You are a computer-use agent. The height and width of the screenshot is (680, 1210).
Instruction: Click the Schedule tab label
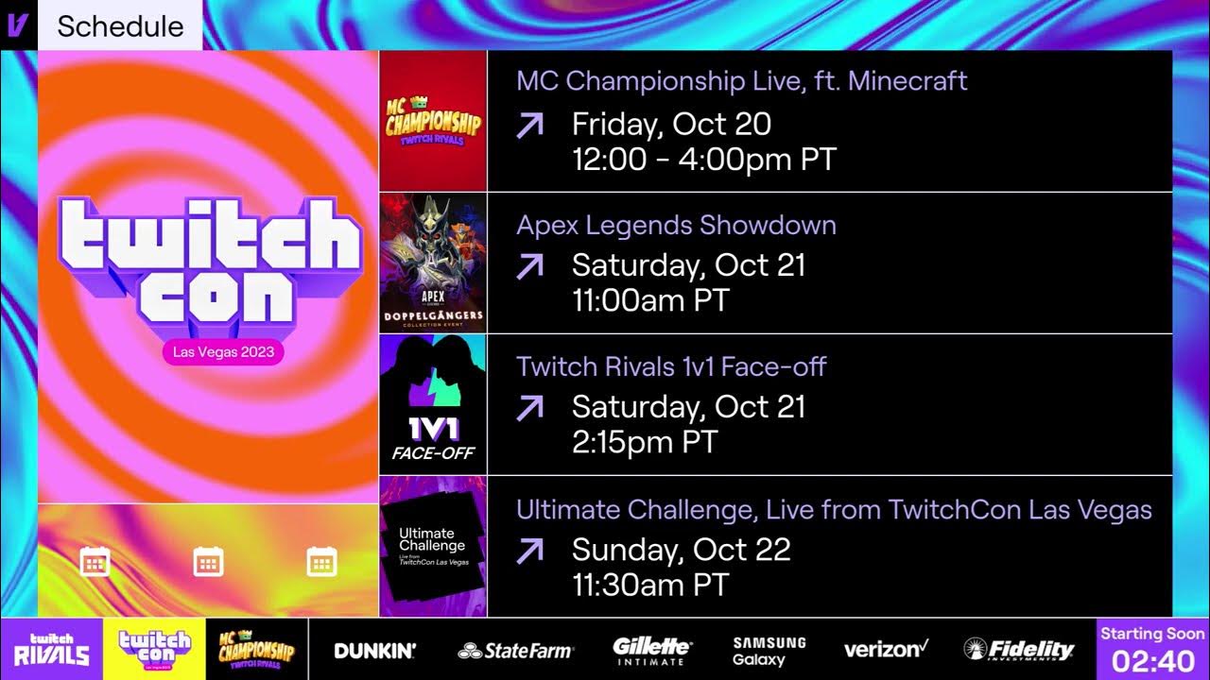(120, 26)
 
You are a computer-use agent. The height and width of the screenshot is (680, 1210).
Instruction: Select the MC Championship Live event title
(741, 81)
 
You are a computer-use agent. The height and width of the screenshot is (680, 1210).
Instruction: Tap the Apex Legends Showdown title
(676, 226)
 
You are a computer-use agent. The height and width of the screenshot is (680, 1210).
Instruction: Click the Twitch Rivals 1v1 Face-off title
(671, 366)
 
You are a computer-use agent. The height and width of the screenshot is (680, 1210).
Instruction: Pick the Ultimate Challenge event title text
(834, 511)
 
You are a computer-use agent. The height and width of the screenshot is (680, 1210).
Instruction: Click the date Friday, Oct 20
(671, 124)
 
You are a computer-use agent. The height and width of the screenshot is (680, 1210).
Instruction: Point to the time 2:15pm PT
(645, 442)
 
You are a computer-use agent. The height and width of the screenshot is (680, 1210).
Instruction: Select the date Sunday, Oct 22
(681, 550)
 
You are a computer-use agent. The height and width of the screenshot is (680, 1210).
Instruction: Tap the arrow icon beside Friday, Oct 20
(530, 125)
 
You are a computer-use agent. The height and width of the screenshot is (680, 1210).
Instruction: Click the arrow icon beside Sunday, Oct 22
(530, 551)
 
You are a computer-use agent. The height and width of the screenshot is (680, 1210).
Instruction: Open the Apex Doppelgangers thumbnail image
(433, 263)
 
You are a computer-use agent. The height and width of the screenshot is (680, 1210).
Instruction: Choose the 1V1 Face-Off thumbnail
(433, 404)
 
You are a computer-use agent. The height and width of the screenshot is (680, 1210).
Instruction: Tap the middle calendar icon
(208, 562)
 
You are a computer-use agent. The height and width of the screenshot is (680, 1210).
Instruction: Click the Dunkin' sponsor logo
(374, 651)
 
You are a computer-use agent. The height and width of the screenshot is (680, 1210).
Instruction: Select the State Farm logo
(515, 651)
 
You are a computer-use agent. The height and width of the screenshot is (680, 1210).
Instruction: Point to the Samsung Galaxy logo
(769, 651)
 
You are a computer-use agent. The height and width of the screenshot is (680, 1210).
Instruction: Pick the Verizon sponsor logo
(886, 650)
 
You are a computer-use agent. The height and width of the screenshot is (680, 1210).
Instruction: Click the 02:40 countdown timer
(1152, 659)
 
